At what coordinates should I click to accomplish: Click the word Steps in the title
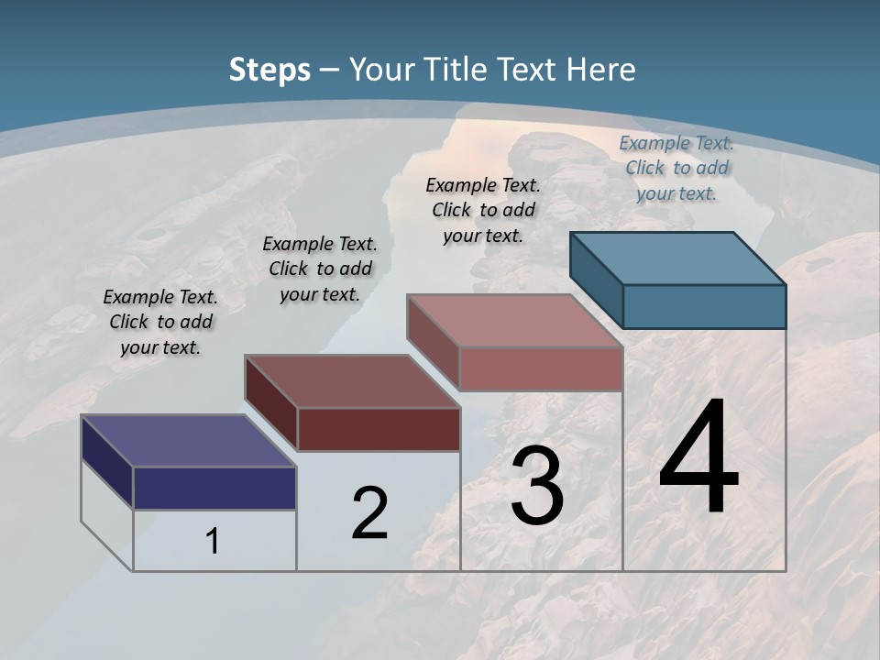click(x=269, y=70)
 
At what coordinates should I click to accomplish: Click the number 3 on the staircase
click(x=537, y=486)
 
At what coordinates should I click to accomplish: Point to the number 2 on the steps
click(x=369, y=513)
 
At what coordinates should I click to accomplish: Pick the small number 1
click(x=213, y=541)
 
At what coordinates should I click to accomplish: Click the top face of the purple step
click(x=188, y=441)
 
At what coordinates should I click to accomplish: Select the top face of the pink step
click(x=514, y=321)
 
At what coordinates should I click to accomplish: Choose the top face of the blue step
click(x=677, y=258)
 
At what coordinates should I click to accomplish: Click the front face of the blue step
click(x=704, y=306)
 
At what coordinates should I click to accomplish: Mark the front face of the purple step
click(x=214, y=488)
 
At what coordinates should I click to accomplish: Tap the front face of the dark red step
click(x=379, y=429)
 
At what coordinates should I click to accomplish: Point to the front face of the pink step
click(x=541, y=368)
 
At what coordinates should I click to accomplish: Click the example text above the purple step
click(x=160, y=322)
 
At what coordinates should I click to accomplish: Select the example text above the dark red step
click(x=320, y=269)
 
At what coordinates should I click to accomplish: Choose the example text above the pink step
click(x=483, y=210)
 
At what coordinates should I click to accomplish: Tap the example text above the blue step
click(x=676, y=168)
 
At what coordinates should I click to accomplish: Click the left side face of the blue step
click(x=597, y=280)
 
